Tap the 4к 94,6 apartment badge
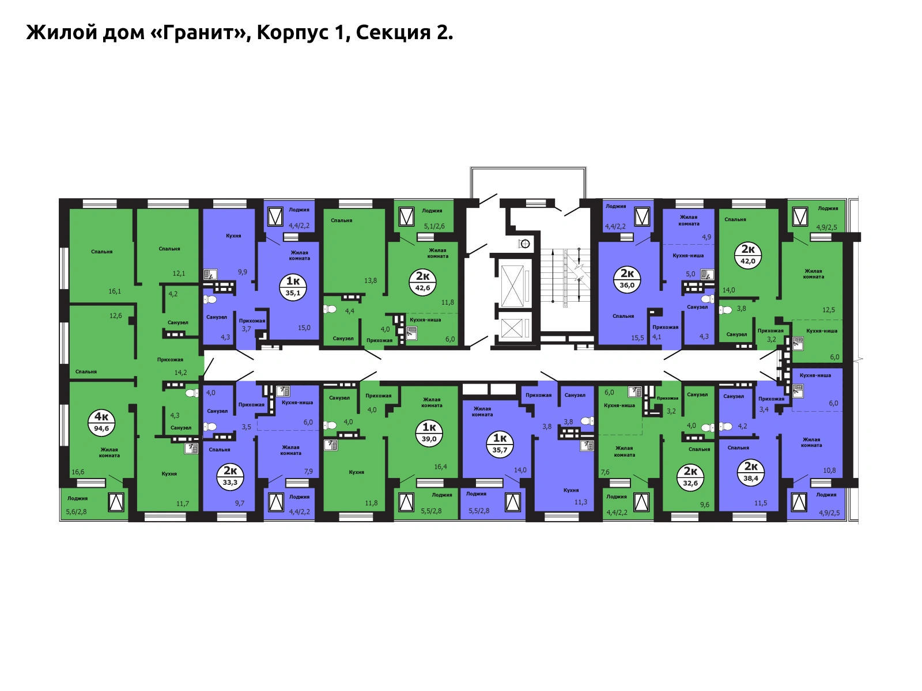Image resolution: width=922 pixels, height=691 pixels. tap(101, 423)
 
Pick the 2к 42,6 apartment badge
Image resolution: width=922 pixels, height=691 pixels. tap(422, 282)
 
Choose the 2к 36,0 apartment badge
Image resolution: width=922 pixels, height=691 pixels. tap(627, 279)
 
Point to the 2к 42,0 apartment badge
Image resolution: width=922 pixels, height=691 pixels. tap(747, 255)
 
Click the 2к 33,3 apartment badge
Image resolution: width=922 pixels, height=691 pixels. tap(230, 476)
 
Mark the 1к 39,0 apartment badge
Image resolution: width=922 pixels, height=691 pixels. tap(429, 433)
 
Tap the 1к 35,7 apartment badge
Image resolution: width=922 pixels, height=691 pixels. tap(500, 444)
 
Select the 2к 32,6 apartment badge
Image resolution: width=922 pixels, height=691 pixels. tap(690, 477)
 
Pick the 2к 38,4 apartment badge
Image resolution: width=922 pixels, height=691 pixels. tap(751, 472)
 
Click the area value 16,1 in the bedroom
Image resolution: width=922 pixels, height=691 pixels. tap(115, 291)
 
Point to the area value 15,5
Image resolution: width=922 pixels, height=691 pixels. tap(637, 338)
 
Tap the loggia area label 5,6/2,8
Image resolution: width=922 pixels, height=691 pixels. tap(77, 511)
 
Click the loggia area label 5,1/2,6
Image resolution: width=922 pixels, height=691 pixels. tap(434, 226)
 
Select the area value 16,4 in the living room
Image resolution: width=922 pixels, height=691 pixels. tap(440, 466)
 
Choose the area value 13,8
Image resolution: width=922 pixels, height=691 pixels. tap(370, 280)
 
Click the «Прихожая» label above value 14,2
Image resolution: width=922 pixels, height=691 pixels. tap(170, 359)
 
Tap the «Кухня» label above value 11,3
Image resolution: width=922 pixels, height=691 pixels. tap(571, 490)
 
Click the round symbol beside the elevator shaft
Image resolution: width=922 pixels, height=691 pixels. tap(524, 244)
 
